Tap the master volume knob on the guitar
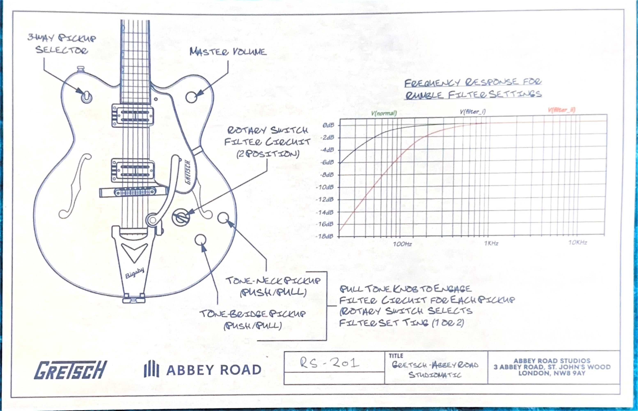tap(191, 97)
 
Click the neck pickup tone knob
tap(223, 218)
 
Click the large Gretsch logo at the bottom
tap(70, 370)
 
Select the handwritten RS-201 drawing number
tap(329, 363)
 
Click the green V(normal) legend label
tap(384, 113)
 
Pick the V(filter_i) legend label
tap(473, 112)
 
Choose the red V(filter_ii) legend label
tap(561, 110)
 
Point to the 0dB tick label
tap(328, 125)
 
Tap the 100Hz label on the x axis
tap(402, 244)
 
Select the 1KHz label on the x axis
tap(491, 243)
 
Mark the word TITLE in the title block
tap(396, 356)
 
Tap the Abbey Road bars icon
tap(151, 369)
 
